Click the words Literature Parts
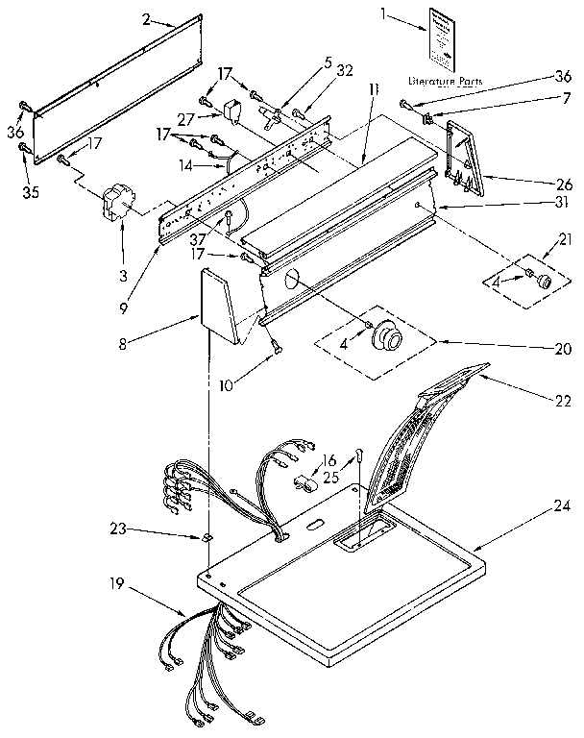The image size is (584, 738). (445, 81)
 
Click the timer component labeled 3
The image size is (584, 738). (116, 204)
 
